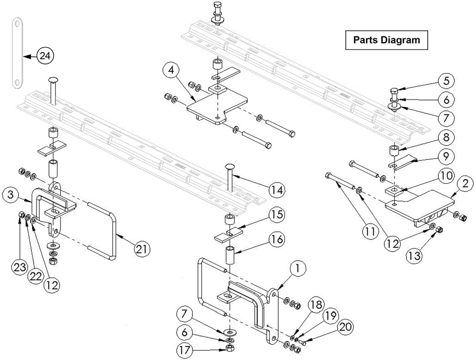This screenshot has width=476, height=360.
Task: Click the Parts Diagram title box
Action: coord(386,40)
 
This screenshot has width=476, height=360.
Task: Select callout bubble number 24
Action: coord(45,56)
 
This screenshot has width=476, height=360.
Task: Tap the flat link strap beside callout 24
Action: coord(17,52)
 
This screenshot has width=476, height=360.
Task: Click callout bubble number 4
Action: coord(171,71)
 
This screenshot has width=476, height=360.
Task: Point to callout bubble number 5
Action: coord(446,81)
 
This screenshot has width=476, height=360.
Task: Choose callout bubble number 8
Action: coord(446,137)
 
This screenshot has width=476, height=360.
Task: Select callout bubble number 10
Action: coord(446,175)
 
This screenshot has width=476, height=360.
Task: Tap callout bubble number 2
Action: coord(465,184)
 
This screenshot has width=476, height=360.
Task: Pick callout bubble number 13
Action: coord(415,255)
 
